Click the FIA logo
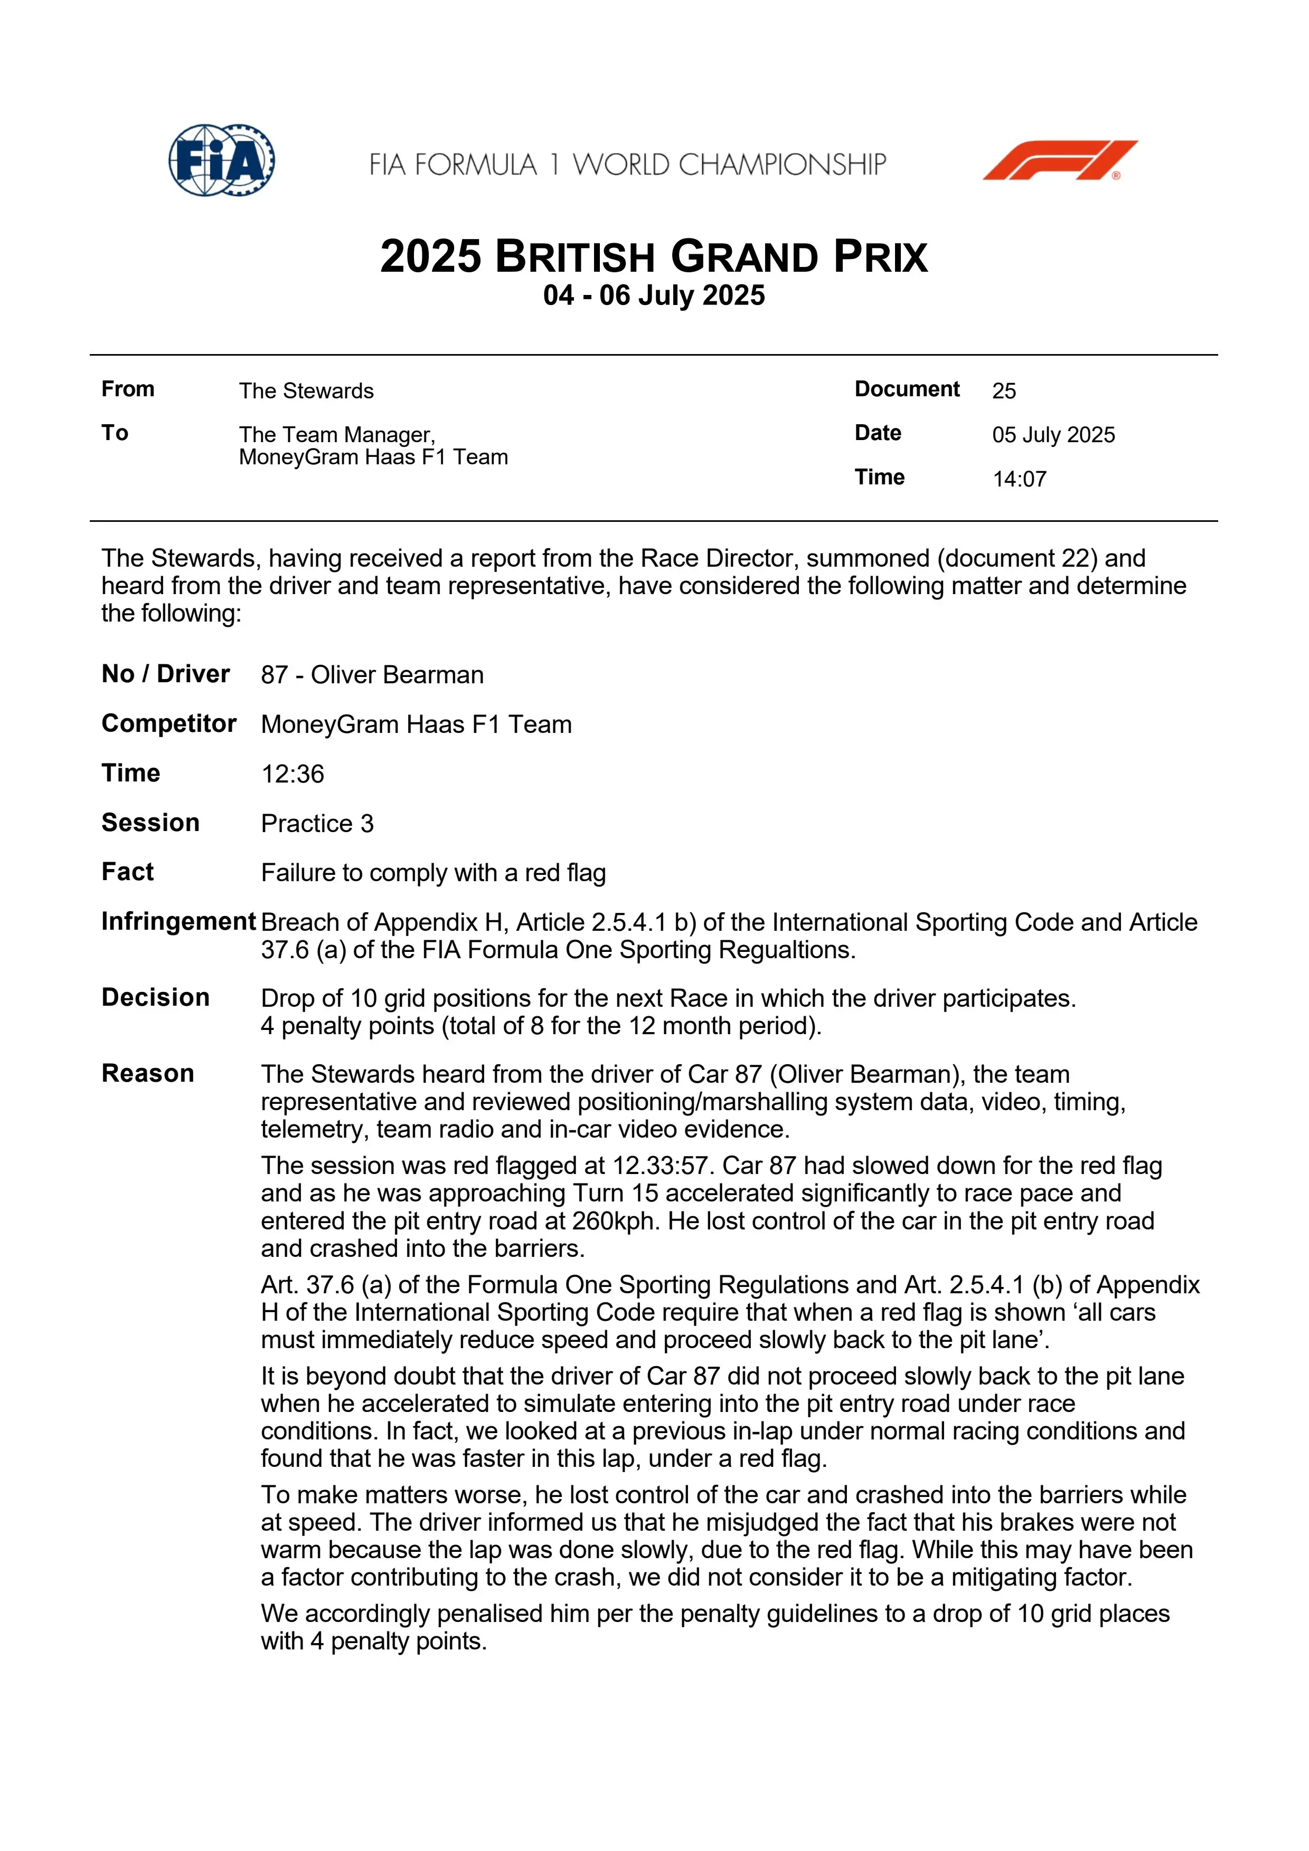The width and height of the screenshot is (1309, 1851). coord(222,160)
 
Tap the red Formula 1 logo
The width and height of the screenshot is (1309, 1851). coord(1059,160)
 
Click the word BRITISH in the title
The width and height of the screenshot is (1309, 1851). coord(575,258)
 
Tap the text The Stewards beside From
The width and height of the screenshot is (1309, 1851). coord(306,391)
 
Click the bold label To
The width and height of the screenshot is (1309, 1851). coord(115,433)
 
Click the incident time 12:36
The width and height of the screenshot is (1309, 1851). coord(292,774)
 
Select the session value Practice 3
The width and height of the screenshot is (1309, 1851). coord(317,823)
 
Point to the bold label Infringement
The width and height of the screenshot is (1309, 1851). coord(178,921)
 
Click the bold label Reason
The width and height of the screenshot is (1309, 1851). coord(148,1073)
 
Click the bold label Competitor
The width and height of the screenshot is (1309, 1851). coord(168,723)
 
